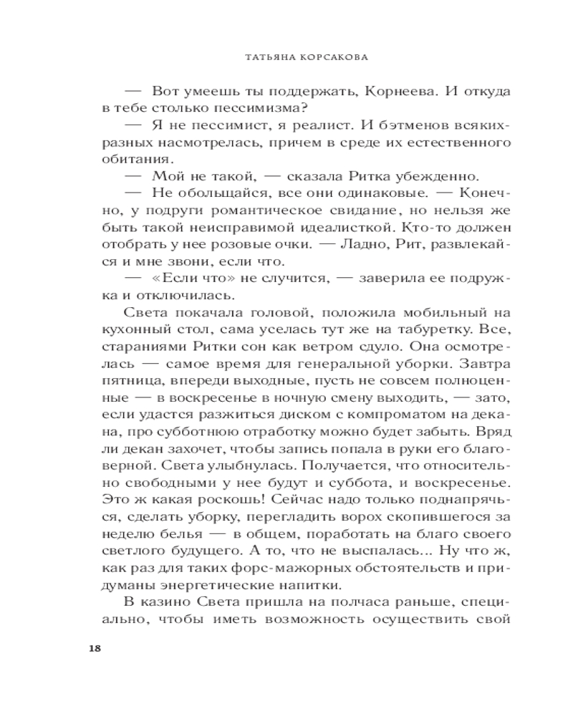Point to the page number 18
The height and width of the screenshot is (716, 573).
(94, 649)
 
